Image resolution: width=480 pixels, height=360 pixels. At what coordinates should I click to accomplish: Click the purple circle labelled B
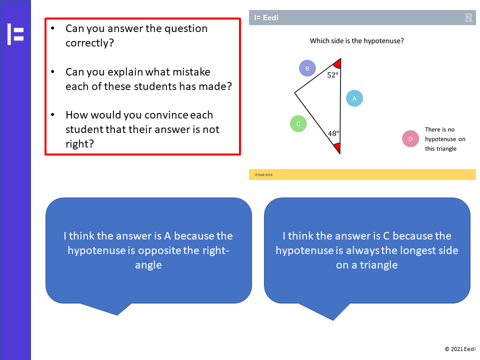(307, 68)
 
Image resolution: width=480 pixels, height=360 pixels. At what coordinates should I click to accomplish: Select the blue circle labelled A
(354, 98)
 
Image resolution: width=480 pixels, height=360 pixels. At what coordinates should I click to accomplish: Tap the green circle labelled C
(298, 123)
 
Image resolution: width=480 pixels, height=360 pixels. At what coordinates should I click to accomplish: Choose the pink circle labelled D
(410, 138)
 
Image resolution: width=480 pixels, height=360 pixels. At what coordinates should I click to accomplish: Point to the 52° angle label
(333, 75)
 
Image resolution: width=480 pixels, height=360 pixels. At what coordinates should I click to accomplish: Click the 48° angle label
(333, 133)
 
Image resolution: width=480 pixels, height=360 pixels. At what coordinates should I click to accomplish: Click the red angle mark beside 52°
(337, 63)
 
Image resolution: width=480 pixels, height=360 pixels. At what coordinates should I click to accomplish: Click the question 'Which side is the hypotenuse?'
(357, 41)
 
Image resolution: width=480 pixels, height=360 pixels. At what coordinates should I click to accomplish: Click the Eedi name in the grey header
(270, 18)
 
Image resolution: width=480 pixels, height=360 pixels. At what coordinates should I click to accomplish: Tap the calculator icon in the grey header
(468, 18)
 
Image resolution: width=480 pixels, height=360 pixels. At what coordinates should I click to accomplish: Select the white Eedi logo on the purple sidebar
(15, 34)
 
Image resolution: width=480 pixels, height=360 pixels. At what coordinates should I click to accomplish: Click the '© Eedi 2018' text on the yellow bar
(263, 175)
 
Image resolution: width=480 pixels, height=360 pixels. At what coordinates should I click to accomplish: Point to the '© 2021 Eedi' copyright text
(460, 349)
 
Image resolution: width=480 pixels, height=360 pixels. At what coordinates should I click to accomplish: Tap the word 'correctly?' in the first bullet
(89, 43)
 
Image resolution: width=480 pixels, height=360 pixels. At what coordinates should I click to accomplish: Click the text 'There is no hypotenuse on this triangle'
(445, 139)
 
